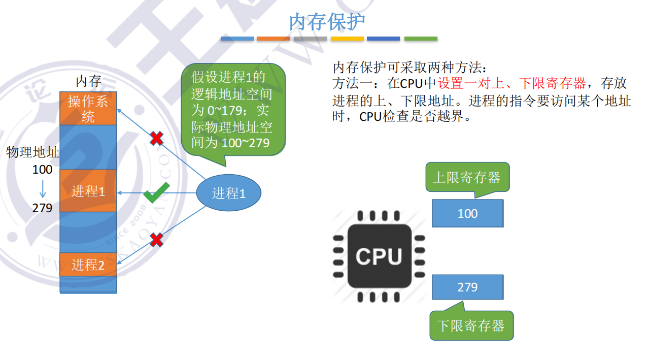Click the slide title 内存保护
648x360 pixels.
(x=327, y=22)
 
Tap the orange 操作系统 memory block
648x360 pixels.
(x=88, y=108)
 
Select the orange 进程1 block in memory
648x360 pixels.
(x=88, y=191)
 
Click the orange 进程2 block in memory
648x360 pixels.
(x=88, y=265)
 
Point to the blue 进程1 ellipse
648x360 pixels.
(x=229, y=193)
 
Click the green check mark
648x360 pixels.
(x=156, y=193)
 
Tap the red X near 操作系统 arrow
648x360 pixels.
(x=156, y=138)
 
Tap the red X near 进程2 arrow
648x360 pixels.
(x=156, y=239)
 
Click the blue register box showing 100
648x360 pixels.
(x=467, y=213)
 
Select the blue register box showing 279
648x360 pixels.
(x=467, y=287)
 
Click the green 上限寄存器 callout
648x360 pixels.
(x=467, y=177)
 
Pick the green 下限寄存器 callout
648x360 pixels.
(x=471, y=325)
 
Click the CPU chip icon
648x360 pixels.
(x=379, y=256)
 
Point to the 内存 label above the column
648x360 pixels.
(x=88, y=81)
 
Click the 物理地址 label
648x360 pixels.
(x=32, y=152)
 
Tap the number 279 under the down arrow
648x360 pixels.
(x=42, y=208)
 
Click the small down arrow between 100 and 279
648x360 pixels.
(x=43, y=189)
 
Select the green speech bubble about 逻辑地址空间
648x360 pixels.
(x=233, y=109)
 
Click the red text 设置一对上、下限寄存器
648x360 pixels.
(x=513, y=83)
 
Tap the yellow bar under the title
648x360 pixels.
(x=347, y=39)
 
